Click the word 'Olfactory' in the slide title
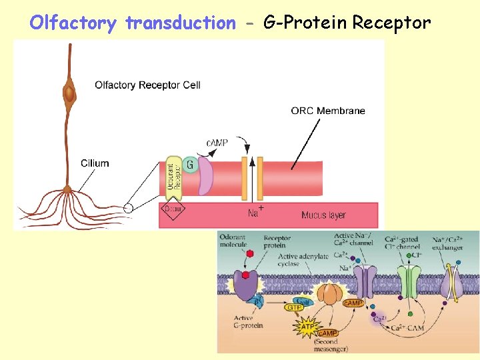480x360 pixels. pos(73,23)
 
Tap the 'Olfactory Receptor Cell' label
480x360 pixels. pos(147,85)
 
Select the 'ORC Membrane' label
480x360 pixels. pos(327,111)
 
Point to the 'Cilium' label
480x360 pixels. pos(95,163)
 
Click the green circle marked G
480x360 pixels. pos(191,164)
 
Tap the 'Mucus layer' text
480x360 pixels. pos(323,215)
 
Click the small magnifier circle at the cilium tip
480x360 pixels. pos(129,208)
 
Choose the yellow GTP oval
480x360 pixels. pos(294,307)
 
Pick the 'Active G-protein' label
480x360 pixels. pos(248,322)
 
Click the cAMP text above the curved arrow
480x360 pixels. pos(217,143)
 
